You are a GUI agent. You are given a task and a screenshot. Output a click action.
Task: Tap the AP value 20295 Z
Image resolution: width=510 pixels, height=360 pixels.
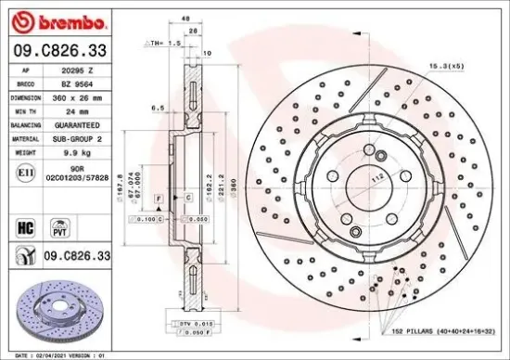coord(77,71)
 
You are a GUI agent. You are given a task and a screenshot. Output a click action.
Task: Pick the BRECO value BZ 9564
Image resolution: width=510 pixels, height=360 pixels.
coord(77,84)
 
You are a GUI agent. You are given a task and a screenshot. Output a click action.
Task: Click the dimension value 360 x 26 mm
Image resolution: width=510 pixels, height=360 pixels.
coord(77,96)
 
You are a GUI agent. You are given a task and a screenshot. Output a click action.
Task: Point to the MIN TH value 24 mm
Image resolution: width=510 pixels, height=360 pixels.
coord(77,109)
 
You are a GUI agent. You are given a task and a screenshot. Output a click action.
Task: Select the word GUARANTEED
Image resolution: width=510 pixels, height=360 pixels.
coord(77,123)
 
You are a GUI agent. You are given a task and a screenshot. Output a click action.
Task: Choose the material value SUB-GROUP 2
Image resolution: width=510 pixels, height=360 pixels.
coord(77,136)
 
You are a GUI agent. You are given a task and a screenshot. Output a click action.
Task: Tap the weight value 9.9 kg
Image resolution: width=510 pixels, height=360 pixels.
coord(77,149)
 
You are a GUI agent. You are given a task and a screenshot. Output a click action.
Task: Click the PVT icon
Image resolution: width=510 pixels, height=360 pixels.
coord(58,225)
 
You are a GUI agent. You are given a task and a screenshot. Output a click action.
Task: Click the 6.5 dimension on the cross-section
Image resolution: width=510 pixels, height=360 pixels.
coord(159,108)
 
